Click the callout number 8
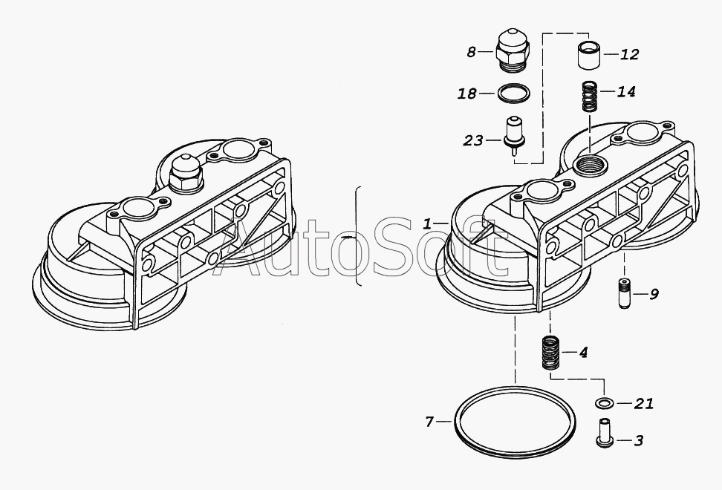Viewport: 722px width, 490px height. (470, 52)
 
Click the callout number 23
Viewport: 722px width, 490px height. (473, 140)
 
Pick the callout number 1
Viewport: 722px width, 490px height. (427, 223)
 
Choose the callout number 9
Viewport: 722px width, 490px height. (654, 293)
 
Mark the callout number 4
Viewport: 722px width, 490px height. (584, 352)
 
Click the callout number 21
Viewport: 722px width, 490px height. (643, 404)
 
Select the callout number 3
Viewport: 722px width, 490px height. (638, 440)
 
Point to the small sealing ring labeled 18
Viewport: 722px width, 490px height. (513, 94)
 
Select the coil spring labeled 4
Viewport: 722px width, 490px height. (550, 353)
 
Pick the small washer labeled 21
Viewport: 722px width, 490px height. (603, 404)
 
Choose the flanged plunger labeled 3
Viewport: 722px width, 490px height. (603, 433)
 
